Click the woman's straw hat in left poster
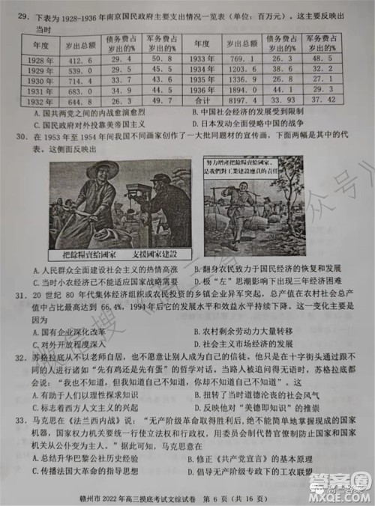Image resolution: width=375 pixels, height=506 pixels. point(103,170)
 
